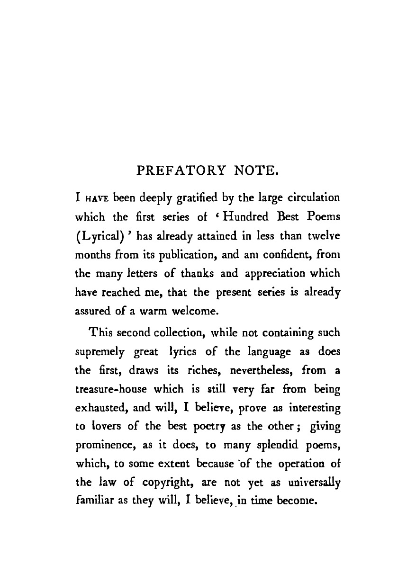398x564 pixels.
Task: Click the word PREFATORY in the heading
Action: tap(179, 169)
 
